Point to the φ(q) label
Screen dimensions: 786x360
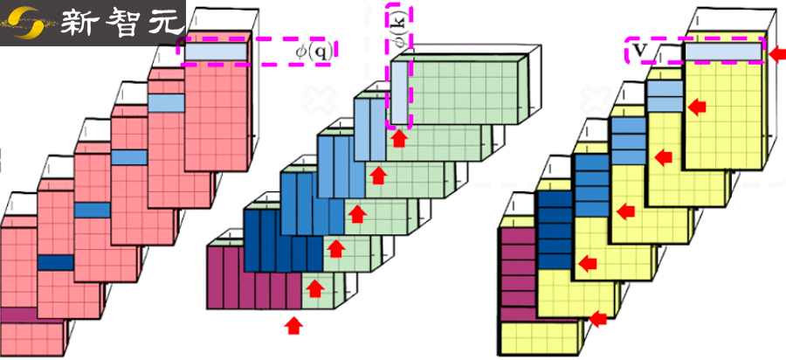point(312,52)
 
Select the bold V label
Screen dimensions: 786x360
point(639,51)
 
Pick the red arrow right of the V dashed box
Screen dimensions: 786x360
point(776,54)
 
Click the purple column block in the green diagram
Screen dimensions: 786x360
point(253,278)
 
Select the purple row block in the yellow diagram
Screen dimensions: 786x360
point(516,271)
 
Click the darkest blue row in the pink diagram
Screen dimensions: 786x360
point(56,261)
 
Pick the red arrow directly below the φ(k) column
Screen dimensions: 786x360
point(400,139)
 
